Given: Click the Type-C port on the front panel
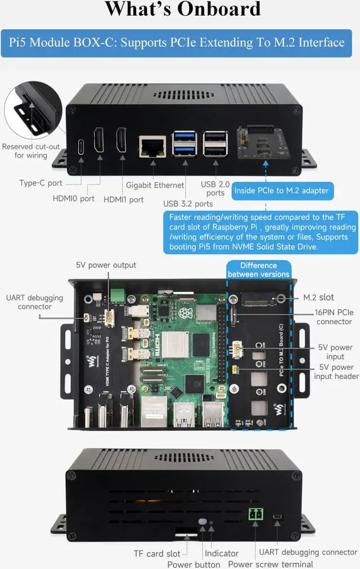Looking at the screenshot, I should [80, 145].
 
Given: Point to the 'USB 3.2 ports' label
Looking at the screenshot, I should [188, 203].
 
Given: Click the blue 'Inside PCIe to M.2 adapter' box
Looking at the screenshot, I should [281, 191].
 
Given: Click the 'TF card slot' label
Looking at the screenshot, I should [157, 553].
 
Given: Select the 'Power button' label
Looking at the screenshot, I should [193, 564].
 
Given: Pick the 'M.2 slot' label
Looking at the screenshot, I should [319, 297].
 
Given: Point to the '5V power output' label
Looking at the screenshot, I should [106, 265].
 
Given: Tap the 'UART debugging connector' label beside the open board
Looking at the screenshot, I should [34, 302].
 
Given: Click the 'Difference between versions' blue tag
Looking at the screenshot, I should [258, 270].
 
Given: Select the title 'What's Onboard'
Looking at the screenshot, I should [183, 10].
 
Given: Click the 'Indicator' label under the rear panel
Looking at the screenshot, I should [222, 553].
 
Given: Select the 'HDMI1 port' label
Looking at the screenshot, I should [123, 199].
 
